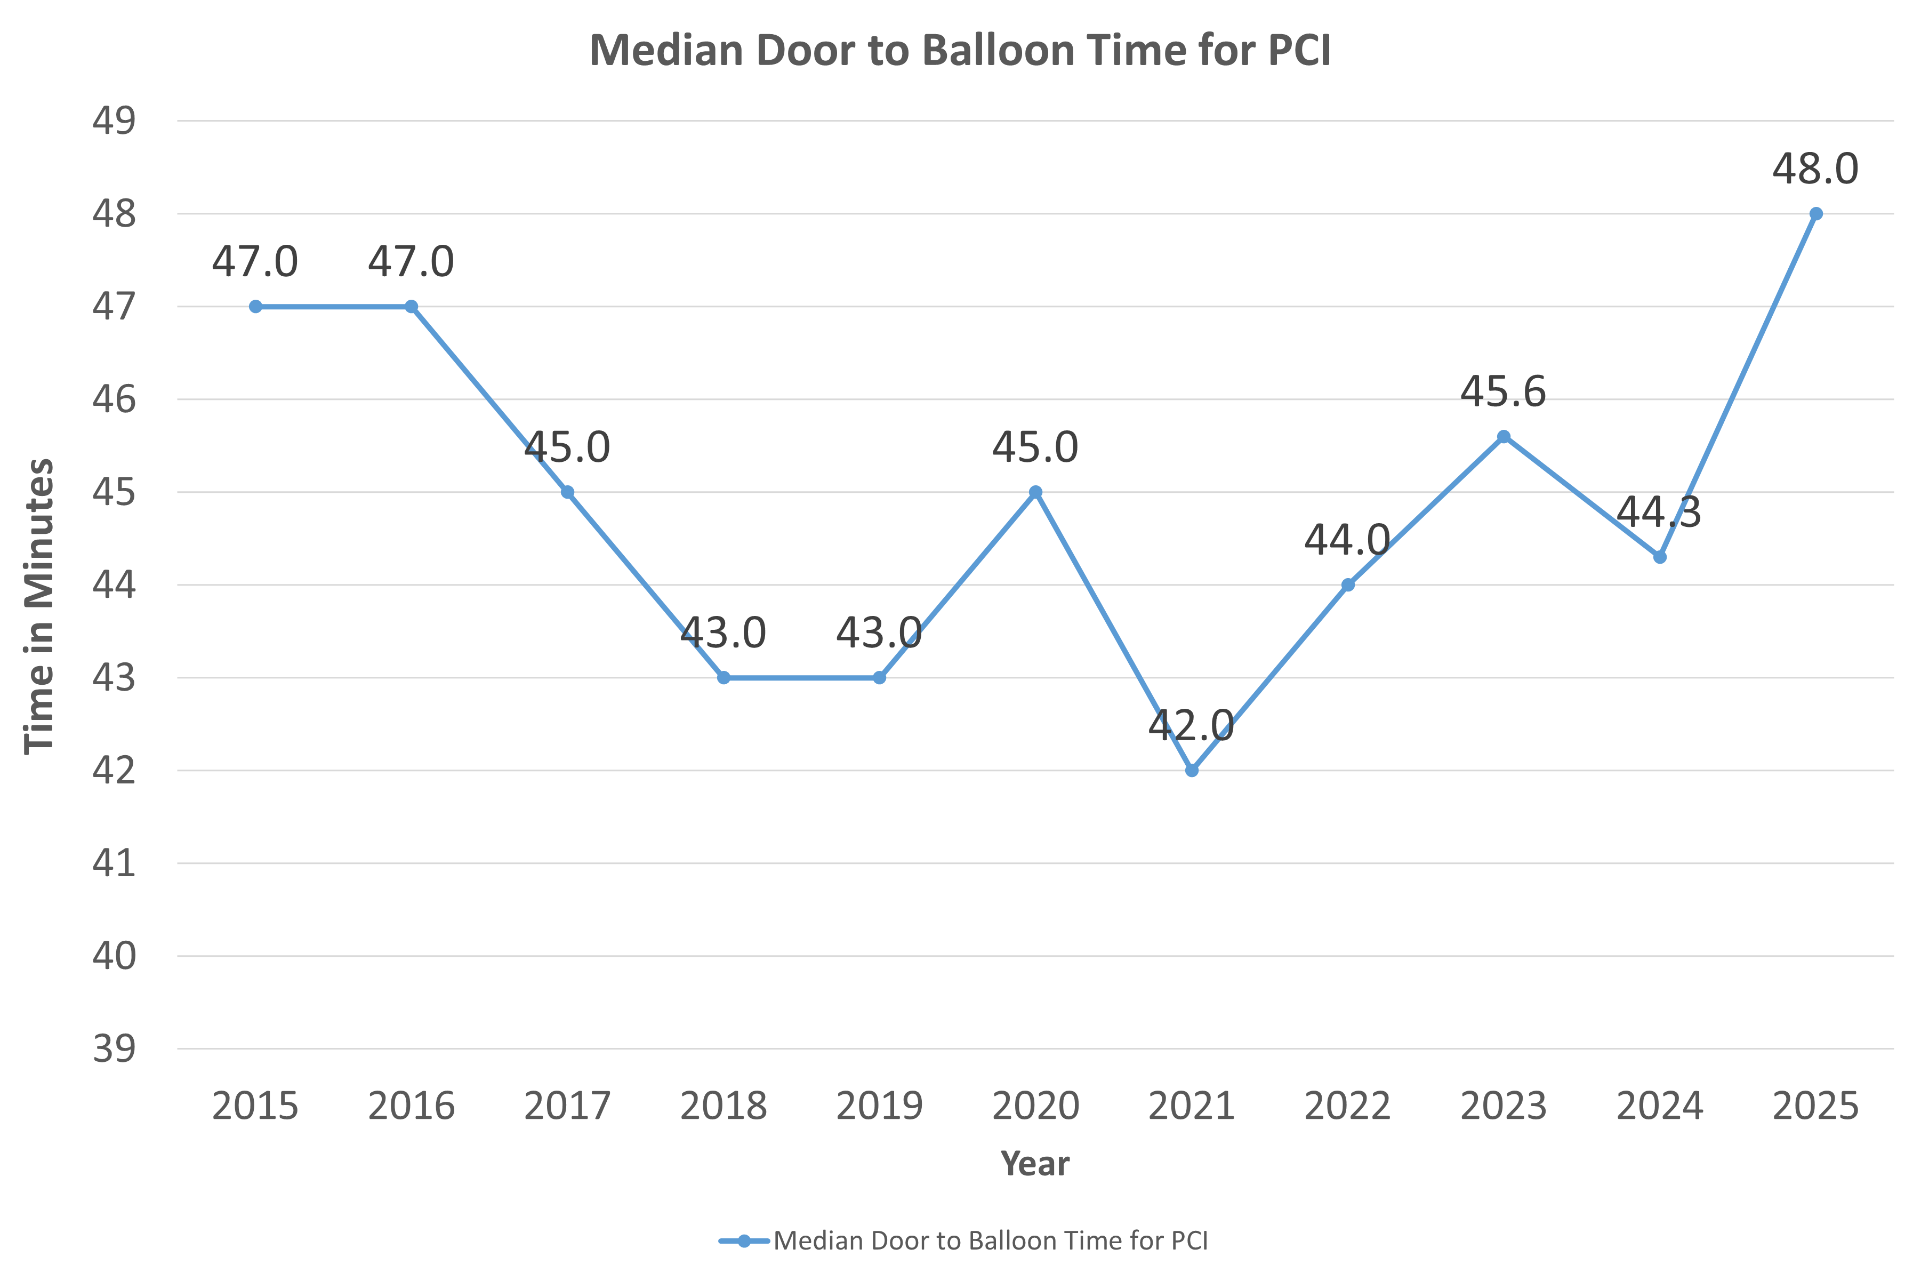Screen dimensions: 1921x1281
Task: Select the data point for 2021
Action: (x=1192, y=771)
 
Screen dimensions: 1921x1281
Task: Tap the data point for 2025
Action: (x=1815, y=214)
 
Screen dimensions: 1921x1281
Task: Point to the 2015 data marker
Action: (x=255, y=306)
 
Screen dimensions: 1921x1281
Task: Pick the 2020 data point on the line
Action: (x=1035, y=492)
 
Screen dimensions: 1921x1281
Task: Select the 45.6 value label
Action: (x=1503, y=391)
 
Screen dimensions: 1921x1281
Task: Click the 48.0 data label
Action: (x=1815, y=169)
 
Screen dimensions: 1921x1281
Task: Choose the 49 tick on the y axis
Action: (x=114, y=121)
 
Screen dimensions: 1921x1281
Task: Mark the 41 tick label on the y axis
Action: (x=114, y=863)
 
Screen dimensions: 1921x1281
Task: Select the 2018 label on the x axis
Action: (x=724, y=1106)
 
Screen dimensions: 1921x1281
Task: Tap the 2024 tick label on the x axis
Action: (x=1660, y=1106)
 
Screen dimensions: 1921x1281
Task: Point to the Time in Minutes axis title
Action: (x=39, y=606)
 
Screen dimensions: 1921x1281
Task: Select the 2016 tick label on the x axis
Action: (x=411, y=1106)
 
